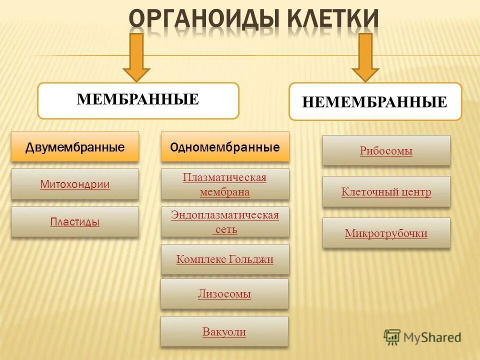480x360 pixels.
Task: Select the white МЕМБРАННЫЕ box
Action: pyautogui.click(x=138, y=100)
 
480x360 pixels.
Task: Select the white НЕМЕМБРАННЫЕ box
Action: pyautogui.click(x=375, y=102)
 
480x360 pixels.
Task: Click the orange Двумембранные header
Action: pyautogui.click(x=75, y=147)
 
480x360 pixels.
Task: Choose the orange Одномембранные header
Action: pyautogui.click(x=225, y=147)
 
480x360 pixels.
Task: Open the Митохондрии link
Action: pyautogui.click(x=75, y=184)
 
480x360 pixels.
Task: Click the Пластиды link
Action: pyautogui.click(x=75, y=221)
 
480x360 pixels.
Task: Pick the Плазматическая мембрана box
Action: pyautogui.click(x=225, y=184)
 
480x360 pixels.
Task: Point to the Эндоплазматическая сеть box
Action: pyautogui.click(x=225, y=222)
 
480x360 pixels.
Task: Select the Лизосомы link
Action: pyautogui.click(x=224, y=294)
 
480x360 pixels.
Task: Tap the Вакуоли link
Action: pyautogui.click(x=224, y=331)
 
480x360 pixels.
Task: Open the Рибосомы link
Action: pyautogui.click(x=386, y=151)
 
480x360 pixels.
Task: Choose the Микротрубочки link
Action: pyautogui.click(x=386, y=233)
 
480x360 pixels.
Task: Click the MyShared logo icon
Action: pyautogui.click(x=392, y=337)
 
